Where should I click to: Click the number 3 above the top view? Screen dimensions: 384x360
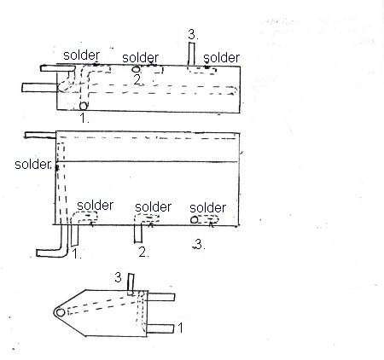pyautogui.click(x=194, y=35)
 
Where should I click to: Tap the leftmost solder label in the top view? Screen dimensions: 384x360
pyautogui.click(x=82, y=55)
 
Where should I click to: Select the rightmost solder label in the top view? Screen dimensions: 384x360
pyautogui.click(x=222, y=57)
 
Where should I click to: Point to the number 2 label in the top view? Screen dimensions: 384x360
pyautogui.click(x=137, y=79)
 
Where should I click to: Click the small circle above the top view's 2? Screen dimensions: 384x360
pyautogui.click(x=136, y=68)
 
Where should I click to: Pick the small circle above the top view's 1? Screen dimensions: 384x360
pyautogui.click(x=84, y=106)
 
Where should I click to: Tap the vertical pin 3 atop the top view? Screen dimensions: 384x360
pyautogui.click(x=194, y=54)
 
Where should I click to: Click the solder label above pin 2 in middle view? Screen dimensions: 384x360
pyautogui.click(x=153, y=206)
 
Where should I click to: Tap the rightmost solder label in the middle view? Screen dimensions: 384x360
pyautogui.click(x=207, y=207)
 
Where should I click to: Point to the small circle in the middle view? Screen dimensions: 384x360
pyautogui.click(x=195, y=220)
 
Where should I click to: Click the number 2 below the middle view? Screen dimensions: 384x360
pyautogui.click(x=143, y=253)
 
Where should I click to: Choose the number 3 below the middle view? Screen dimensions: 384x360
pyautogui.click(x=199, y=246)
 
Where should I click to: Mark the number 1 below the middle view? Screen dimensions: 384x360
pyautogui.click(x=78, y=254)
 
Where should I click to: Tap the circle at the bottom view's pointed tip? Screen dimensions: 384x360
pyautogui.click(x=61, y=313)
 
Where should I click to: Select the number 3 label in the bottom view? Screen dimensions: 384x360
pyautogui.click(x=118, y=278)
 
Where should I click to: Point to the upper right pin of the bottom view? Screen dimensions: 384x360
pyautogui.click(x=163, y=296)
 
